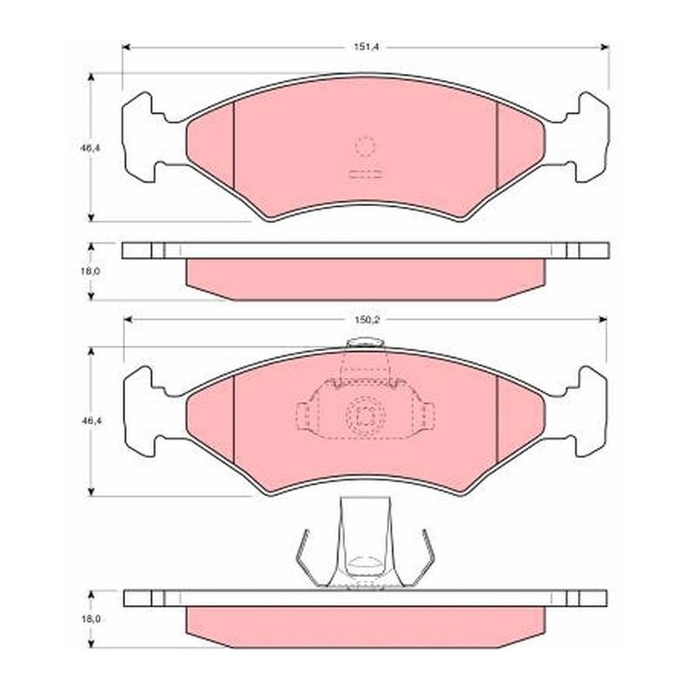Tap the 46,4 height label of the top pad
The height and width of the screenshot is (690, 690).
(91, 148)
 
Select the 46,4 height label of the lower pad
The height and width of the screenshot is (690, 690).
(91, 421)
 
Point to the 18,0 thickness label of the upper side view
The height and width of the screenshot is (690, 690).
(91, 271)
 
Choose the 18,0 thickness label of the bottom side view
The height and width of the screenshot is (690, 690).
(91, 618)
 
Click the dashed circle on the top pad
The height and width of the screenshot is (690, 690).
(365, 147)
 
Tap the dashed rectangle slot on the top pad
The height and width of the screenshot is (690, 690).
(365, 174)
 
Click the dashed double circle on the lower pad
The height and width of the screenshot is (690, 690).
(366, 415)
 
